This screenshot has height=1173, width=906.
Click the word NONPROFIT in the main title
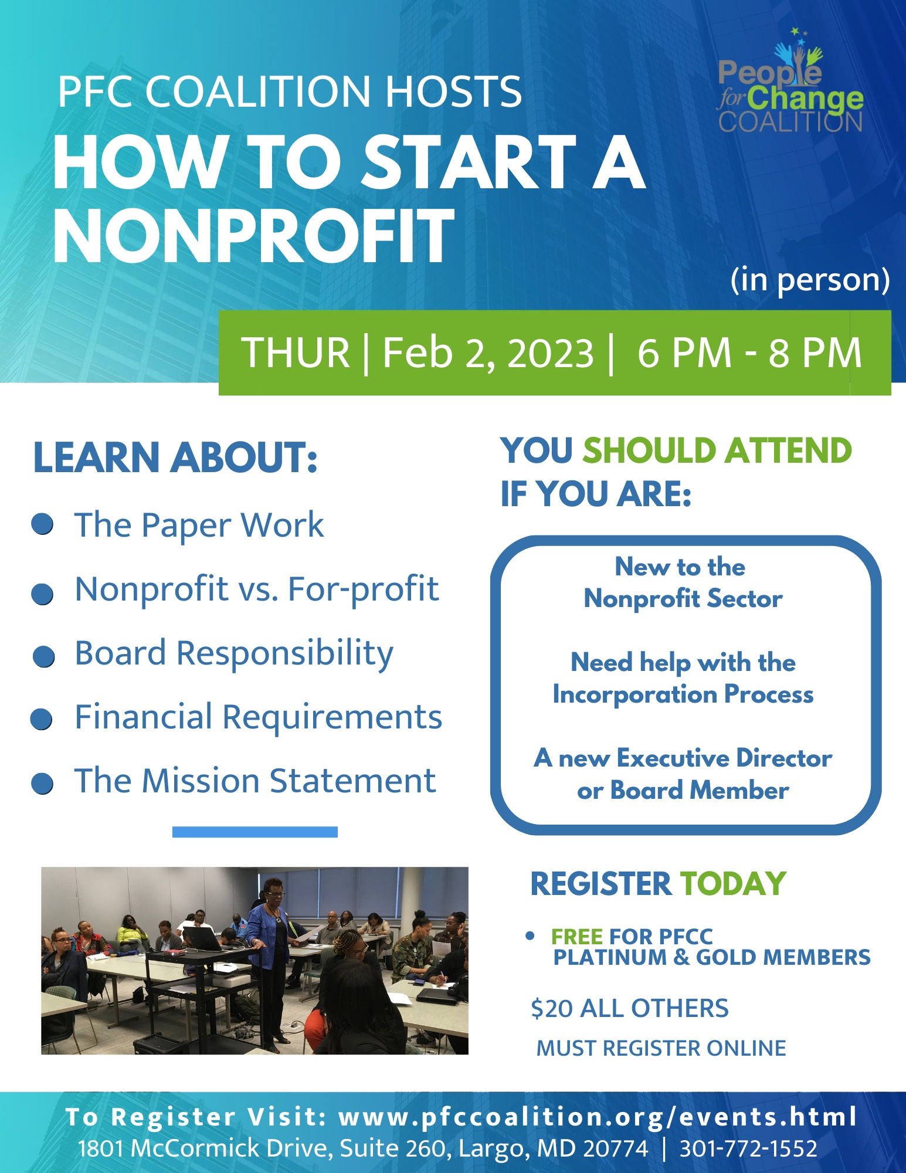[254, 236]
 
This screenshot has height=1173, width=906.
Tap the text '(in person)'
[810, 281]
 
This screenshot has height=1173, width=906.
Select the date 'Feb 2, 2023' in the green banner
[488, 353]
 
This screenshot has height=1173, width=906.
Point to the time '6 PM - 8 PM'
[749, 353]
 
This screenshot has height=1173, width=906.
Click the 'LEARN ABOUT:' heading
[175, 457]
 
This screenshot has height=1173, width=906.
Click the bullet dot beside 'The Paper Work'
[43, 524]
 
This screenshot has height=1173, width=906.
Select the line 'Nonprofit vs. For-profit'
[257, 589]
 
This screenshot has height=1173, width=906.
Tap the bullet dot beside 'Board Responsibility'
[43, 657]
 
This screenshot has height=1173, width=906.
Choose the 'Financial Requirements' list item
[258, 717]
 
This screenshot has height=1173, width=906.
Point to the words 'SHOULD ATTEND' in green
[717, 450]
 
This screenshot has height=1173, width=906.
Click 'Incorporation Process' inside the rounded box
[683, 694]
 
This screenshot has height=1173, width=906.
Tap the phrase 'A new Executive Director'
[683, 758]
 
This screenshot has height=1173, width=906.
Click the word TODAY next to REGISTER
[733, 884]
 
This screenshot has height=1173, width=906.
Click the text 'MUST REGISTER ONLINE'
[661, 1048]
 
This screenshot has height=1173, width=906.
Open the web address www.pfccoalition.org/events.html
[598, 1117]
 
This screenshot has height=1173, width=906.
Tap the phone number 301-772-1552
[748, 1148]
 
